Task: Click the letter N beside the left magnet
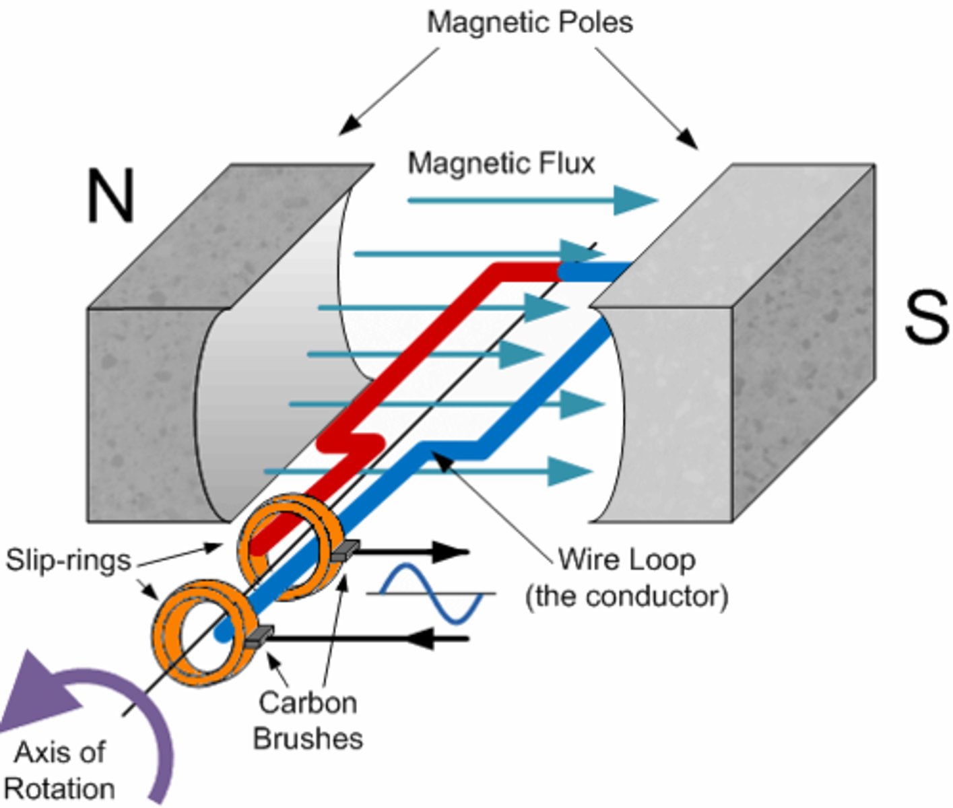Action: pyautogui.click(x=110, y=196)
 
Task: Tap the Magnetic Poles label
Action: pyautogui.click(x=530, y=23)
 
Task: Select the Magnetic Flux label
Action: pyautogui.click(x=501, y=164)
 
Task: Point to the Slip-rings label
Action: pyautogui.click(x=68, y=560)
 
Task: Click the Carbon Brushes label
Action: pyautogui.click(x=308, y=720)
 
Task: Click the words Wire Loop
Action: pyautogui.click(x=626, y=560)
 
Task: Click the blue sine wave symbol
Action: pyautogui.click(x=431, y=593)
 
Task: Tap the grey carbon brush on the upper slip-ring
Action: pyautogui.click(x=346, y=550)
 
